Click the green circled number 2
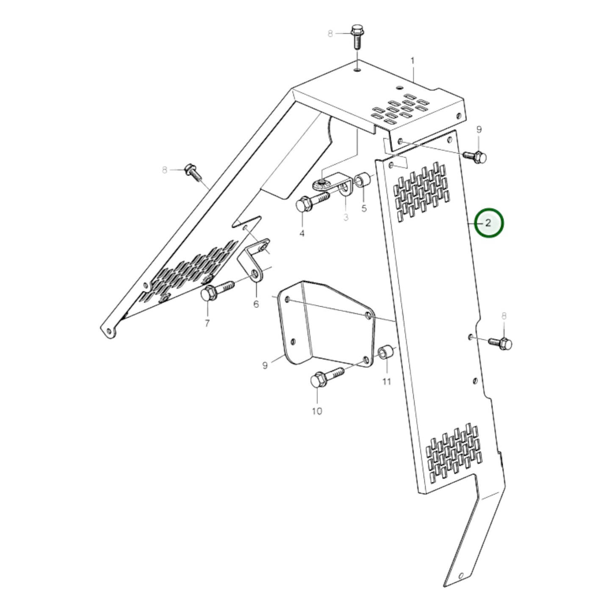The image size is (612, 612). coord(488,223)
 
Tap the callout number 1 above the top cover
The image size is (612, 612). coord(413,61)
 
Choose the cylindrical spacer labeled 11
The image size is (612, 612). coord(387,353)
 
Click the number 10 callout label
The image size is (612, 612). coord(317,411)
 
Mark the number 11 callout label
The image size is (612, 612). coord(386,382)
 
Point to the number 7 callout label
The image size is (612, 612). coord(207,324)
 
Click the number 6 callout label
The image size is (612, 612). coord(256,304)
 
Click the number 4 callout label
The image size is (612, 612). coord(302,233)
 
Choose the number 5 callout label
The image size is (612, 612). coord(364,208)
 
